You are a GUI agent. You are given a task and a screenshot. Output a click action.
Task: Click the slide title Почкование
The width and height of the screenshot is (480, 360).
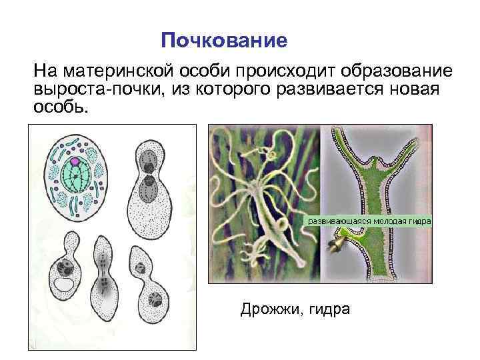pos(225,41)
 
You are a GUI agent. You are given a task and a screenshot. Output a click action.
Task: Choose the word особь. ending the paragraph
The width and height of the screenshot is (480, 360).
pos(60,107)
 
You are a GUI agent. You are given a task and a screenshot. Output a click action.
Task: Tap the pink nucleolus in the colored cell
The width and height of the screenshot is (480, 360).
pos(75,161)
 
